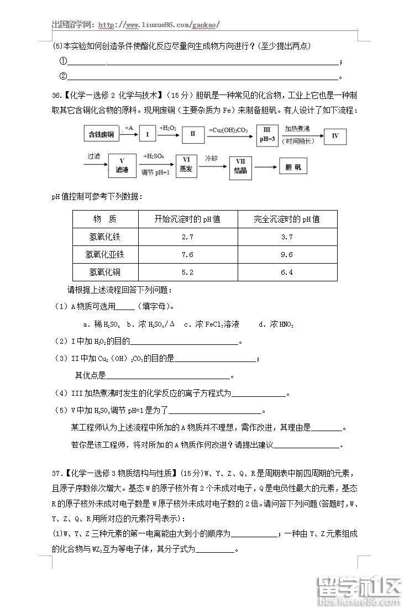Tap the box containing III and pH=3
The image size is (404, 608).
267,134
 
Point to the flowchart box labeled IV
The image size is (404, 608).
335,135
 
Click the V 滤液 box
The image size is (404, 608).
122,166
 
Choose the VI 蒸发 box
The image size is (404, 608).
186,165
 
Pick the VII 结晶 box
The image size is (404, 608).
240,166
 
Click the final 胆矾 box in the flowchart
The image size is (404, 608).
293,166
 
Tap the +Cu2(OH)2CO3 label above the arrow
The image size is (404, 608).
228,130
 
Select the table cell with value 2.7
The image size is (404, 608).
187,237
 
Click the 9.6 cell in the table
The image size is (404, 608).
287,254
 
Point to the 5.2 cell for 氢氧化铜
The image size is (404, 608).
187,272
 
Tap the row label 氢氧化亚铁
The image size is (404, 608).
105,254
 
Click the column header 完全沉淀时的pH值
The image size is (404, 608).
287,219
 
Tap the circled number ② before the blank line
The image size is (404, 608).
63,76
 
